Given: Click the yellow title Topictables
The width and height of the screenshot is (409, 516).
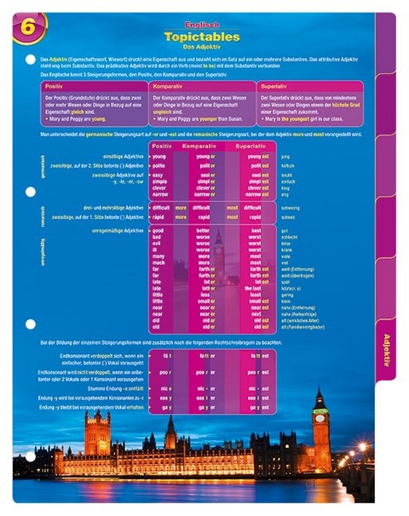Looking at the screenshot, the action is [x=202, y=37].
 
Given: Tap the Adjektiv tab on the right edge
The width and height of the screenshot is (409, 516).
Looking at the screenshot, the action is [x=386, y=350].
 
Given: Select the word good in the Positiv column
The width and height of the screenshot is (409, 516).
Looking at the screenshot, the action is [x=158, y=230].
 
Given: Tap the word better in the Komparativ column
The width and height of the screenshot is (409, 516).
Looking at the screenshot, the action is [x=203, y=230].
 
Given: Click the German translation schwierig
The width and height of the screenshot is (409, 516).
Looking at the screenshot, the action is [x=290, y=207].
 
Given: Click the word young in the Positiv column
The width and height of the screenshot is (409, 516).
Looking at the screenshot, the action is [x=158, y=157].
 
